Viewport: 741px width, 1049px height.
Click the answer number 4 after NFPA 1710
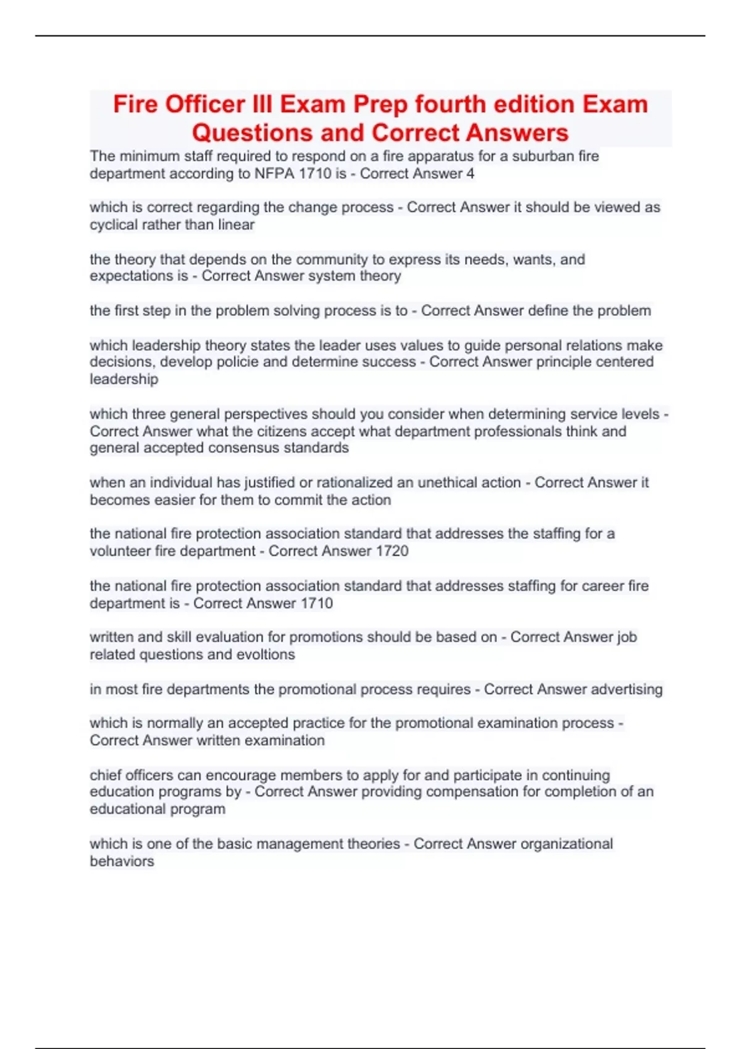coord(471,173)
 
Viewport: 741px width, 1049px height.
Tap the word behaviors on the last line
coord(122,861)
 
